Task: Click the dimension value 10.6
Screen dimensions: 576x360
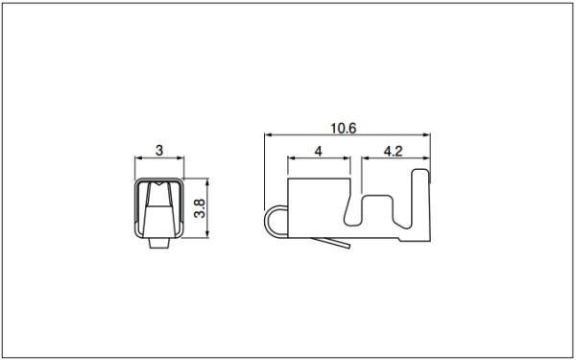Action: (343, 129)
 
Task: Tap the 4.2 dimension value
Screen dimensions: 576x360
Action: (393, 152)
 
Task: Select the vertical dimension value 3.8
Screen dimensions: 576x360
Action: (200, 208)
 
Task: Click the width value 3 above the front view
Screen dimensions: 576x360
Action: (159, 151)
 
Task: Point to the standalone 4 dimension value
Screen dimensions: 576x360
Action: (318, 152)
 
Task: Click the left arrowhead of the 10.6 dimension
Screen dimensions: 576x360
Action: (268, 134)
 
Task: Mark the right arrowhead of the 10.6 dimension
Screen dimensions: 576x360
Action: (426, 134)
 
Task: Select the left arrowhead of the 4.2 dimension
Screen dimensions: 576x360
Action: (365, 158)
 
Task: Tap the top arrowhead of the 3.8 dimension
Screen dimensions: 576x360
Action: (207, 182)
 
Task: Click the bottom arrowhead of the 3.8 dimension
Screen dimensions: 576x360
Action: (207, 234)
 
